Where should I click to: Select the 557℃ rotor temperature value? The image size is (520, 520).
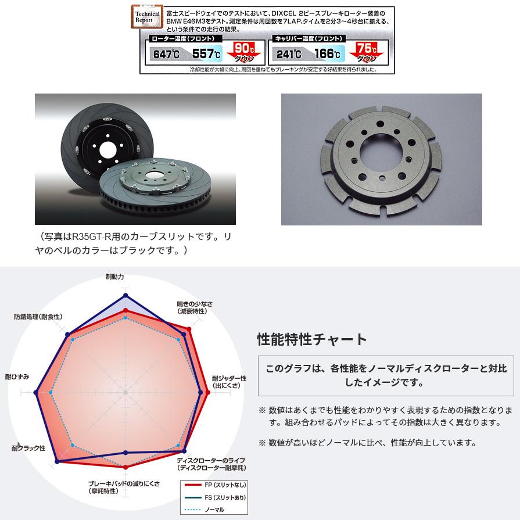coord(206,55)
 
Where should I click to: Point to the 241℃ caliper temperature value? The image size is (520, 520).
coord(289,55)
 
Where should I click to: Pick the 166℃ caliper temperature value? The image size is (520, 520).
coord(328,55)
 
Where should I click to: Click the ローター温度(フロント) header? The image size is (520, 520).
coord(182,38)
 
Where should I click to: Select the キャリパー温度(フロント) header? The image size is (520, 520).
coord(306,38)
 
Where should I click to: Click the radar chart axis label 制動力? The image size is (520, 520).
coord(114,277)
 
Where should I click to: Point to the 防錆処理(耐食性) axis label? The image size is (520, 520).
coord(38,317)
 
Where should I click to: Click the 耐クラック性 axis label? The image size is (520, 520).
coord(27,448)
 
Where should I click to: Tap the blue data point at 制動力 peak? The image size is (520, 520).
coord(125,294)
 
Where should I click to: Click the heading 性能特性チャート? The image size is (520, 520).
coord(312,339)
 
